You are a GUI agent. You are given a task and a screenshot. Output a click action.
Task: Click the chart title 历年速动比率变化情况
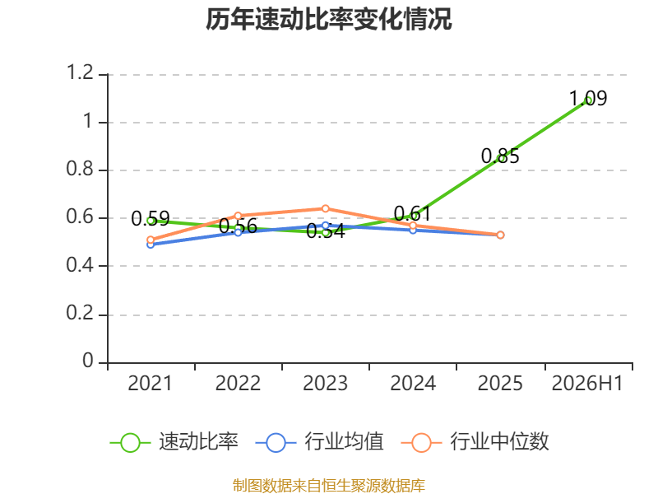[x=328, y=19]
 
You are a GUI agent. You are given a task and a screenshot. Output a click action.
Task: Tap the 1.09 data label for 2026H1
[x=588, y=98]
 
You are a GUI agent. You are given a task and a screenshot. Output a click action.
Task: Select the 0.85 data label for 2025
[x=500, y=156]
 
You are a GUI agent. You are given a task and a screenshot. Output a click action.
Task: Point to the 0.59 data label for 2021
[x=151, y=218]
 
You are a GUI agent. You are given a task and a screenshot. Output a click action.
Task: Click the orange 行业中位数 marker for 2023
[x=325, y=209]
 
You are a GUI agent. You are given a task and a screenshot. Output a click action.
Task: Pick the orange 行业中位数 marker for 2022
[x=238, y=216]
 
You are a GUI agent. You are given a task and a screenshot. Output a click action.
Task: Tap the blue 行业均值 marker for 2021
[x=151, y=245]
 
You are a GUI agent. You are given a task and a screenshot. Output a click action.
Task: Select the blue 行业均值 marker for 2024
[x=413, y=231]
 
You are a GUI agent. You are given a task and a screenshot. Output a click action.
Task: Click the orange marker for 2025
[x=500, y=235]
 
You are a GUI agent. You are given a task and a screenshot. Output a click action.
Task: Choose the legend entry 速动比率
[x=174, y=442]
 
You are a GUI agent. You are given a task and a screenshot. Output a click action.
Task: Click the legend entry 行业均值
[x=319, y=442]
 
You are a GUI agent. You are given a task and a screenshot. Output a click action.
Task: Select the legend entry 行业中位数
[x=475, y=442]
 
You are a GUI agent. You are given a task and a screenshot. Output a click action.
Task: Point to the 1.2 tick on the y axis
[x=80, y=72]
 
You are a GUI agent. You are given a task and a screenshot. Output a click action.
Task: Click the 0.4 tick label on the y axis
[x=80, y=265]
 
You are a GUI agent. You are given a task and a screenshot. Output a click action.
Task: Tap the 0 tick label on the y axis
[x=88, y=361]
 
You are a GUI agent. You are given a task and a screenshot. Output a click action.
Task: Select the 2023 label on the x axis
[x=325, y=383]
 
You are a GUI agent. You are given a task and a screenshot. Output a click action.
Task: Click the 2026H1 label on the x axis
[x=587, y=383]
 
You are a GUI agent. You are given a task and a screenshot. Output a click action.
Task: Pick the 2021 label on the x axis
[x=150, y=383]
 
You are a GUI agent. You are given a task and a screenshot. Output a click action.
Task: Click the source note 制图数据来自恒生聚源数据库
[x=328, y=486]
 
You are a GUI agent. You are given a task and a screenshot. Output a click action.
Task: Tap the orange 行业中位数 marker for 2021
[x=151, y=240]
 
